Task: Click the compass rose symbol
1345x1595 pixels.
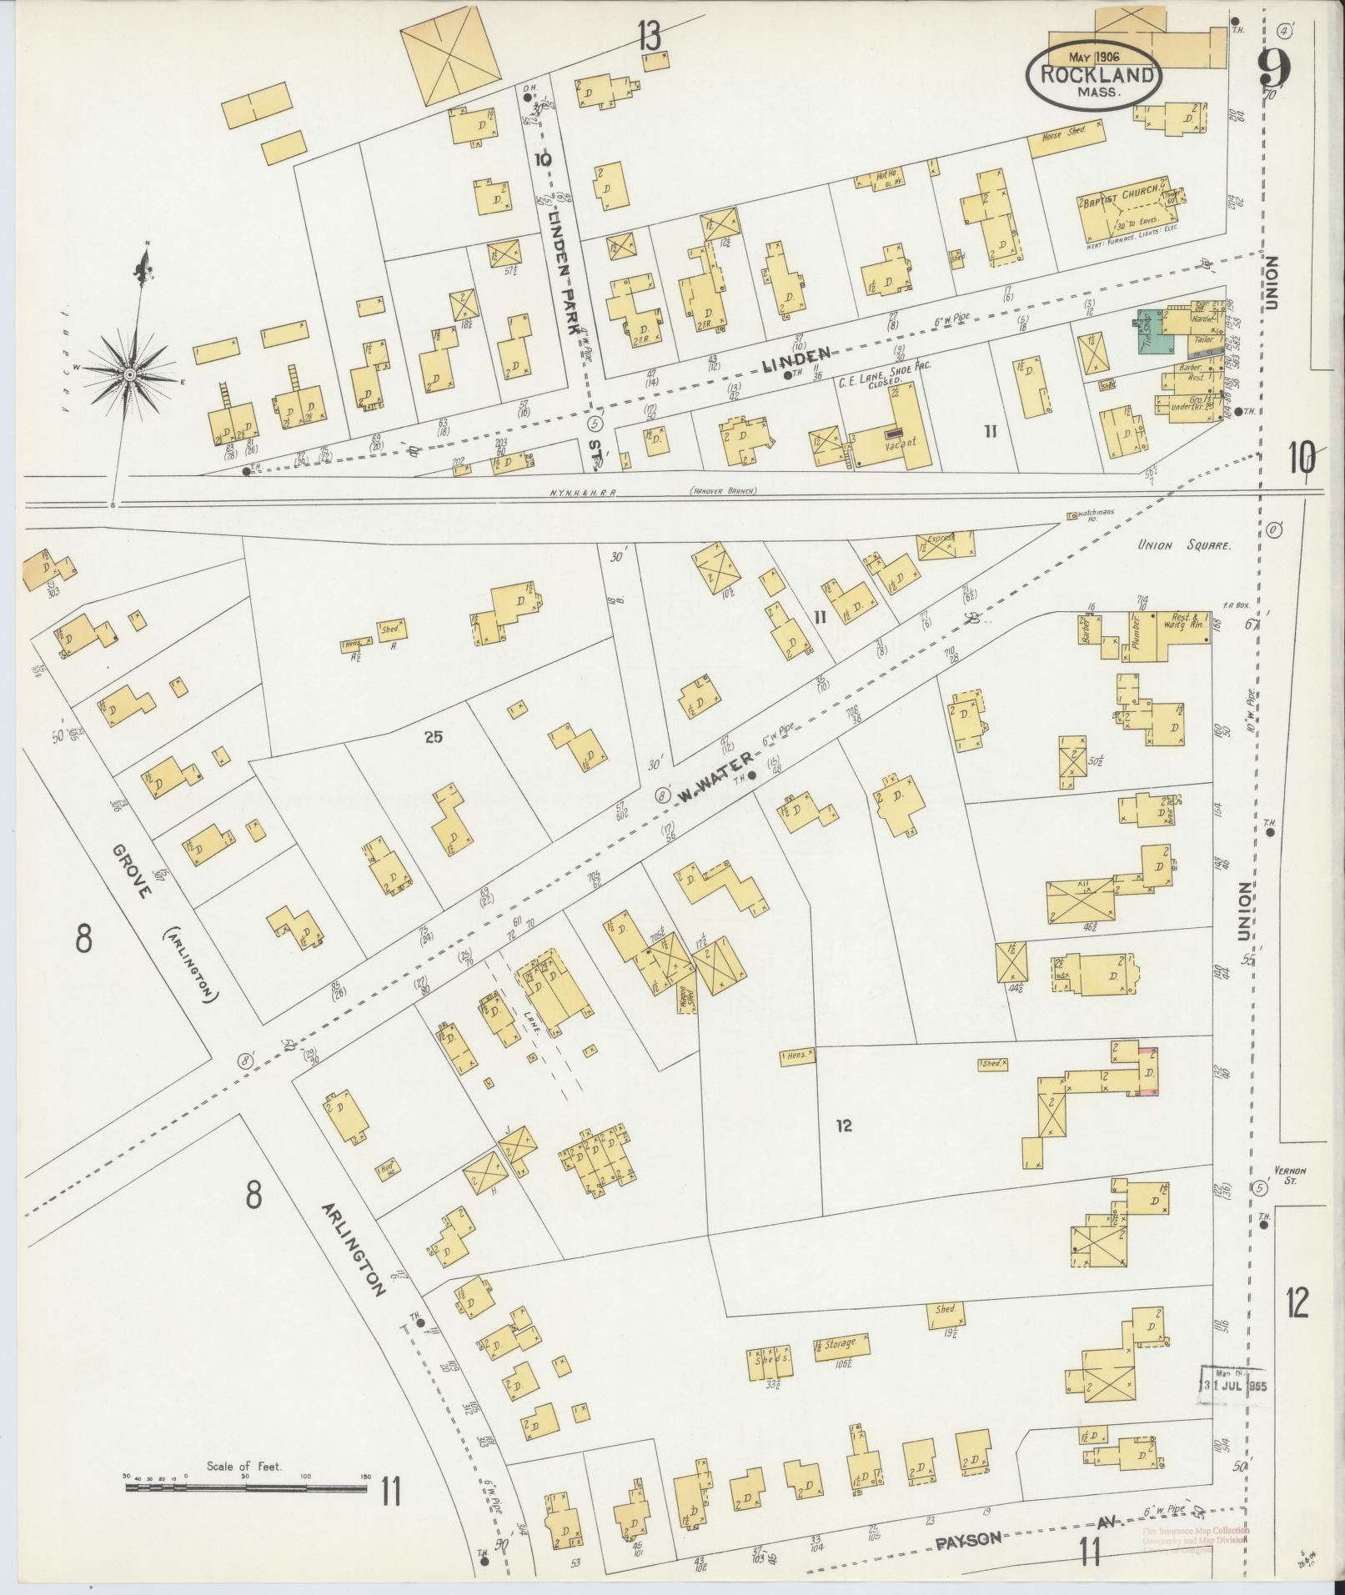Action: [129, 375]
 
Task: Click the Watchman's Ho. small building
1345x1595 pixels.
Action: [1071, 517]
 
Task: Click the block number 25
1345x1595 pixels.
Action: [432, 736]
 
